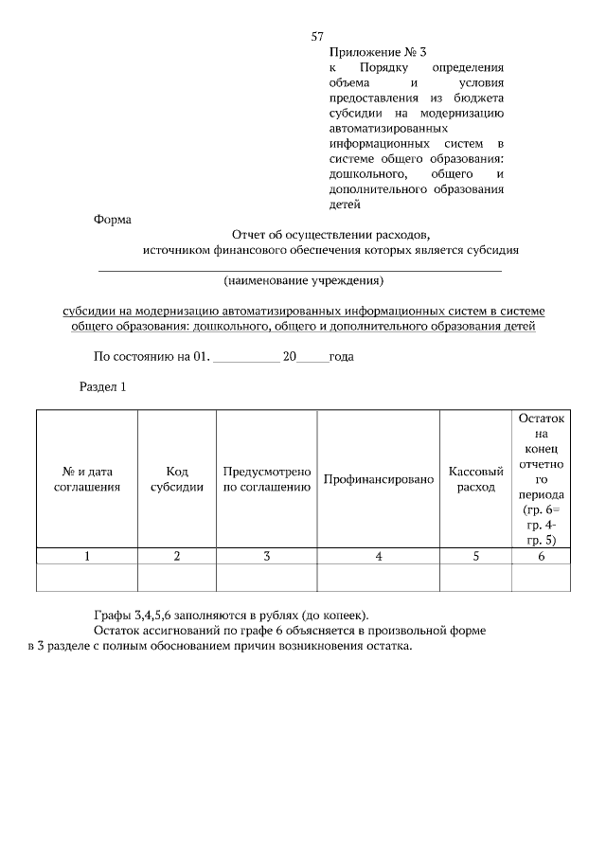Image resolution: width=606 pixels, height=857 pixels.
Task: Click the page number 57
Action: click(318, 37)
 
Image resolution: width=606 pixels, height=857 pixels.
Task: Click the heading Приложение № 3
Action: click(371, 53)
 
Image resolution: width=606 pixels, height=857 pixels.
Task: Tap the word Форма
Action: click(112, 219)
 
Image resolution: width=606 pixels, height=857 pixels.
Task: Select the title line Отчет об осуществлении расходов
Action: click(330, 235)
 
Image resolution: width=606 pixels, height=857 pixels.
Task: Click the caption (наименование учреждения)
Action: click(303, 281)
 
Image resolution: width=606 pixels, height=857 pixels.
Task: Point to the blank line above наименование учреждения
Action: click(300, 271)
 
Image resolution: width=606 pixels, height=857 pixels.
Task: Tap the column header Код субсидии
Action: click(177, 479)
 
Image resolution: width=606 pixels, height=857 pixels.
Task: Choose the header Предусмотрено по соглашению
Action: click(267, 479)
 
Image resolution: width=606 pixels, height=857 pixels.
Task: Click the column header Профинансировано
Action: click(379, 479)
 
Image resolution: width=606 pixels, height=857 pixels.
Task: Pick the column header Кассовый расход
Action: click(475, 479)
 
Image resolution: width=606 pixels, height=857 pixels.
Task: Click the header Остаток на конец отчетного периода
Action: click(541, 479)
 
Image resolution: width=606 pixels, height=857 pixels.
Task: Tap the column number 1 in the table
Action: click(87, 556)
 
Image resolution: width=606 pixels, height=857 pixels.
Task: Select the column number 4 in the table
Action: click(379, 556)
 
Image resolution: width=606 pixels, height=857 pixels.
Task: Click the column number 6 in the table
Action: click(541, 556)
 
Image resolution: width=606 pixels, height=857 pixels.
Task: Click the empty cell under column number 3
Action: click(267, 577)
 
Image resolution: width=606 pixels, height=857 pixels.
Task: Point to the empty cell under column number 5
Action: click(475, 577)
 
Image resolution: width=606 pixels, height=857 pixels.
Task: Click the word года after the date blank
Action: click(341, 357)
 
